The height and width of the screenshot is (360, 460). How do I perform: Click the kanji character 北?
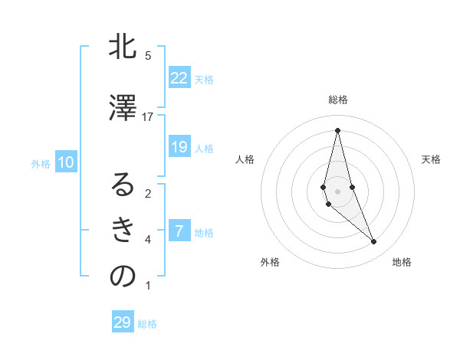tap(123, 47)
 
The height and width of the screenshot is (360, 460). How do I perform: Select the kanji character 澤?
tap(123, 108)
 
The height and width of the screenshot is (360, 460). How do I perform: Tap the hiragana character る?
tap(123, 185)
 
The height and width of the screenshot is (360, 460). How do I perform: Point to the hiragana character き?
tap(123, 230)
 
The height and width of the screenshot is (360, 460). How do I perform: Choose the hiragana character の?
tap(123, 277)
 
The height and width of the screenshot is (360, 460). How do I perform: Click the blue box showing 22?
tap(179, 78)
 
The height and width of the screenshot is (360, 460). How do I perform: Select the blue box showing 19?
tap(179, 147)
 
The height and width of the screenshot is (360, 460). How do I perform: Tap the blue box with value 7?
tap(179, 231)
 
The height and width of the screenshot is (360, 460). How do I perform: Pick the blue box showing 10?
tap(66, 162)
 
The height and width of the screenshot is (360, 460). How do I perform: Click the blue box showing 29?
tap(123, 322)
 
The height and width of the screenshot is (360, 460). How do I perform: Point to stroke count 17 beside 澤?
tap(148, 117)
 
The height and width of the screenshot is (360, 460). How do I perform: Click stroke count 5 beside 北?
tap(148, 56)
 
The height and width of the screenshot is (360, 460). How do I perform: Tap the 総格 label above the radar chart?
tap(338, 100)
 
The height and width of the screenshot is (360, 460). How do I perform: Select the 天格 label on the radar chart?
tap(431, 159)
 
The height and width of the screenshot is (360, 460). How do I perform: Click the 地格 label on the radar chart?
tap(402, 262)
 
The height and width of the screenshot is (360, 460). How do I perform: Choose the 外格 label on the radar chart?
tap(270, 262)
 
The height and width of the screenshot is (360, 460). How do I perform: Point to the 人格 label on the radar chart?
tap(245, 159)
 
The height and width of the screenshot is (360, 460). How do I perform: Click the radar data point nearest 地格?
tap(374, 242)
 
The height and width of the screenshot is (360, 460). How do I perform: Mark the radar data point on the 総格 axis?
tap(337, 129)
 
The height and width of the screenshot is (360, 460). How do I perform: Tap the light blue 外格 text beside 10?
tap(41, 163)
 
